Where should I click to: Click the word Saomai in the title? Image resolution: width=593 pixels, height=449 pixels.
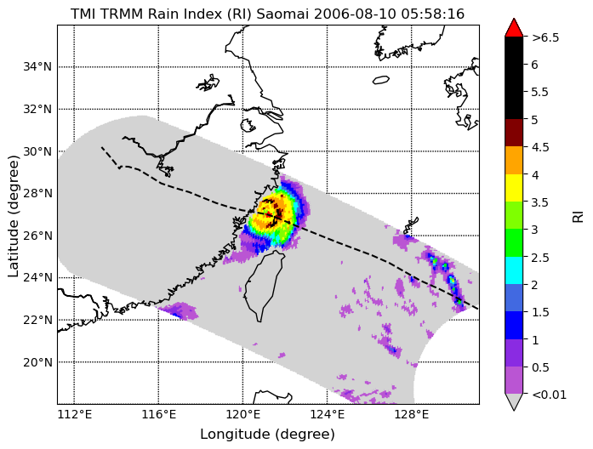coord(283,14)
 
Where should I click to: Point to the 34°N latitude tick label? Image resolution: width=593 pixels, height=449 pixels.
coord(37,67)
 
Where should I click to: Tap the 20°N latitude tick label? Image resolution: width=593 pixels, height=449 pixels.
coord(37,362)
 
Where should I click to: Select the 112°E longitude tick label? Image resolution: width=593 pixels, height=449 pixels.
coord(75,415)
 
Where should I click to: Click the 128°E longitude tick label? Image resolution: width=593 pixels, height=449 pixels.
coord(413,415)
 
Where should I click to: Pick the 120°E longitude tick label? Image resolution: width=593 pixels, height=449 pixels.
coord(243,415)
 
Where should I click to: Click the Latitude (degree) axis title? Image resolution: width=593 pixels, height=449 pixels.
coord(13,216)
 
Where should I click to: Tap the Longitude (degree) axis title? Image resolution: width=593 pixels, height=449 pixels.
coord(267,435)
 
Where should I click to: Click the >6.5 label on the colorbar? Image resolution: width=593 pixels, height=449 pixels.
coord(545,37)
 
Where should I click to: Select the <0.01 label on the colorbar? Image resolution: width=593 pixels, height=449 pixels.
coord(549,395)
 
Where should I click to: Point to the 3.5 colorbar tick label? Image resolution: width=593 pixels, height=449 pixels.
coord(539,202)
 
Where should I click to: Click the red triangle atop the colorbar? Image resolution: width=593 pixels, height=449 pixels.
coord(514,27)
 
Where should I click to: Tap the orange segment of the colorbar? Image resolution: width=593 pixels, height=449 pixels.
coord(514,160)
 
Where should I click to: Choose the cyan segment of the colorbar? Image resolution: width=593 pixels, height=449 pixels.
coord(514,270)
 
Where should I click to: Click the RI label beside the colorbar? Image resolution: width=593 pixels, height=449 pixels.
coord(578,217)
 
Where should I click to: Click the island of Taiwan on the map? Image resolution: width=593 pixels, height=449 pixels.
coord(265,286)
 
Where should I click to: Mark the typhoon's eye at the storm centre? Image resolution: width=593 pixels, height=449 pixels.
coord(269,213)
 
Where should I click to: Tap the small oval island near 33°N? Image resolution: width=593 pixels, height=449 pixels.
coord(381,80)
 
